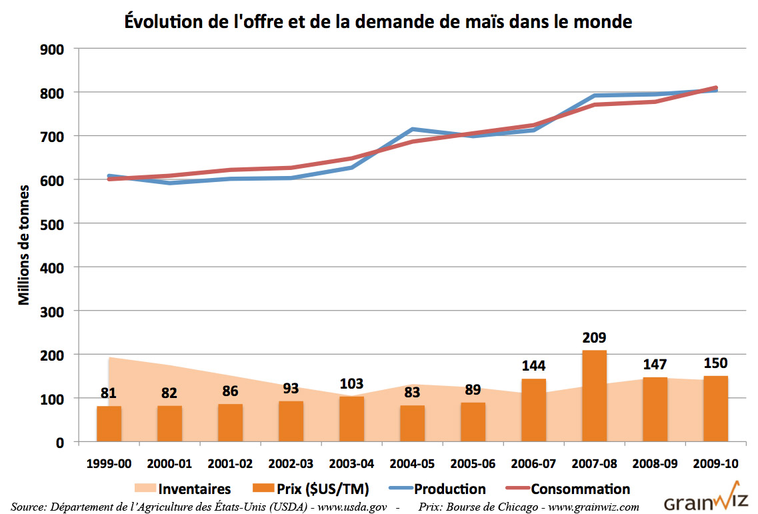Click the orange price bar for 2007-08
point(594,395)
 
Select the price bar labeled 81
point(109,423)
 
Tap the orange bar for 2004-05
point(412,423)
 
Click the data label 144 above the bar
point(533,365)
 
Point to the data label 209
point(594,337)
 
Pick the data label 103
point(351,383)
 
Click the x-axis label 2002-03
point(291,464)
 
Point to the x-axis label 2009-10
point(715,464)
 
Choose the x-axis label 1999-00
point(109,464)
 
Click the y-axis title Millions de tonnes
point(25,244)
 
